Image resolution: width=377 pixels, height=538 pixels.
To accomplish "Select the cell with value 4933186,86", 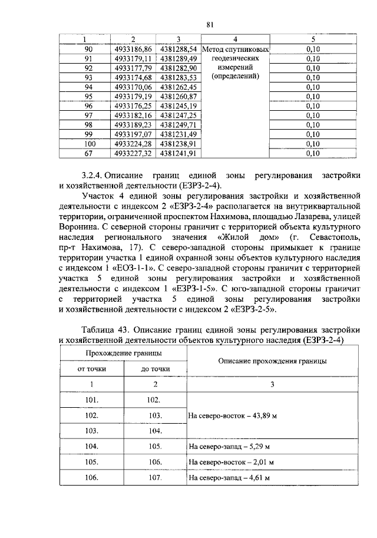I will click(x=133, y=49).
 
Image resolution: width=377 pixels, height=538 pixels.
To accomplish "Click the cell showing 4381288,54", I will click(x=178, y=49).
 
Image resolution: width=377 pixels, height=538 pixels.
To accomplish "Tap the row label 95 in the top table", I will click(x=89, y=96).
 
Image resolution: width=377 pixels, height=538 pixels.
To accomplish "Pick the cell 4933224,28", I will click(x=133, y=143).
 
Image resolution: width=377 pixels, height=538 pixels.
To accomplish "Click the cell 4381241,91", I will click(x=178, y=153).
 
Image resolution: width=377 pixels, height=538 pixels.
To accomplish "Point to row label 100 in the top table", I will click(x=89, y=143).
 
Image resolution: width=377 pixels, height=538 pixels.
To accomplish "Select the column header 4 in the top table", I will click(x=236, y=39).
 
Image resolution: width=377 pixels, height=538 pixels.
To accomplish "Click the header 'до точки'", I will click(x=155, y=369).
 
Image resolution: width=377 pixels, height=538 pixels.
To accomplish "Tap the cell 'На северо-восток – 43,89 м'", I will click(x=232, y=415).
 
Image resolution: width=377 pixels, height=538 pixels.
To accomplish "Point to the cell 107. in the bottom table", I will click(x=155, y=477).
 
